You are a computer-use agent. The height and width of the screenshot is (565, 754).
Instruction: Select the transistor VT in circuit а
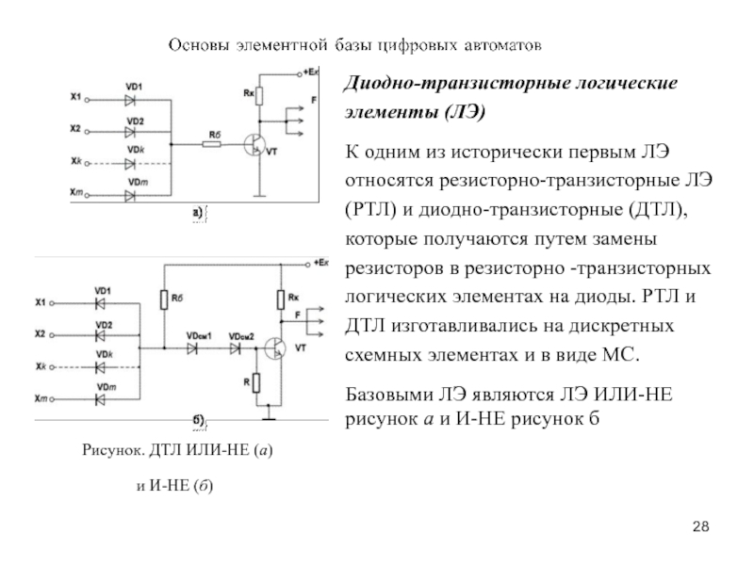click(254, 144)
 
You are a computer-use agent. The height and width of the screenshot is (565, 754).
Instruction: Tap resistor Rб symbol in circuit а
click(211, 144)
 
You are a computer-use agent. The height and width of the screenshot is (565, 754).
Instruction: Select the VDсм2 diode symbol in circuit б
click(235, 348)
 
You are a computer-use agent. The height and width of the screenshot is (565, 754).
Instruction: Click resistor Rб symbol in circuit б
click(163, 299)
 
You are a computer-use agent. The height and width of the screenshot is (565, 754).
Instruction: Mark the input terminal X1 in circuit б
click(55, 302)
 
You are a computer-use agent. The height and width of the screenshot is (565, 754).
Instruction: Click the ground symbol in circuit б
click(270, 412)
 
